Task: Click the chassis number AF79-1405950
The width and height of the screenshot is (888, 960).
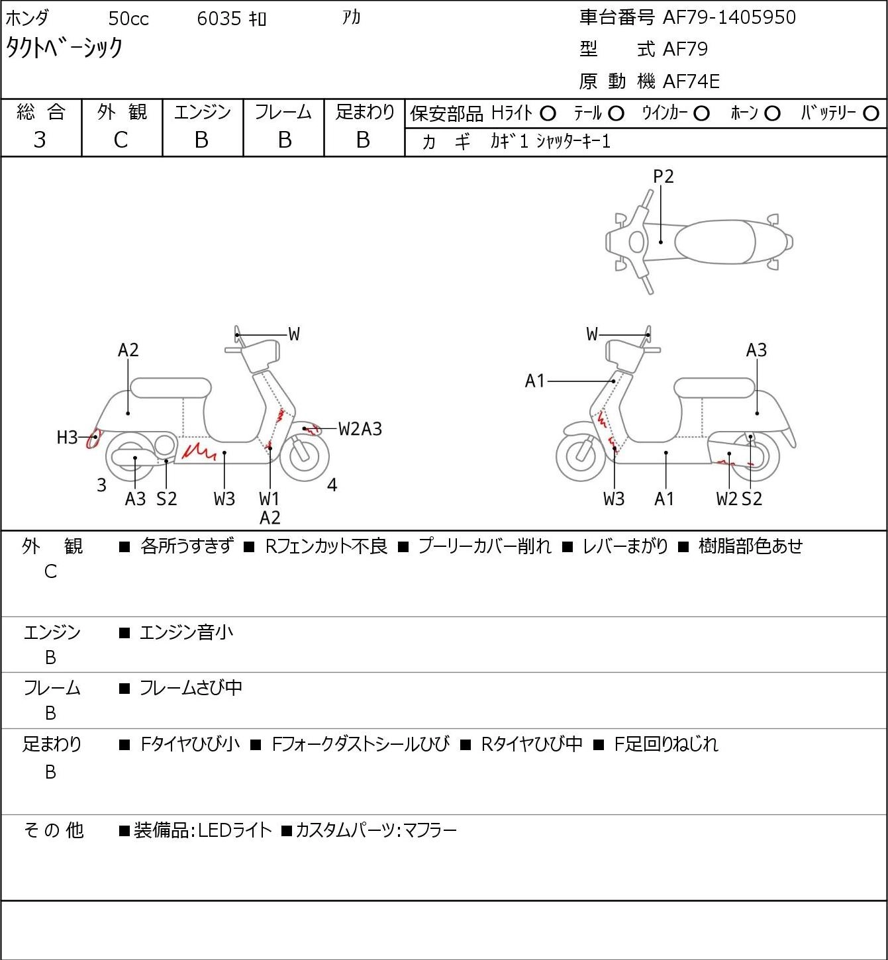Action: (729, 17)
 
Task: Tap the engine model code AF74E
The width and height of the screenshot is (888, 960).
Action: (691, 81)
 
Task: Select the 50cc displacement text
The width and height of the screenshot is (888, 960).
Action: (128, 19)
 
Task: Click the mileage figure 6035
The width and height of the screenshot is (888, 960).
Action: (219, 19)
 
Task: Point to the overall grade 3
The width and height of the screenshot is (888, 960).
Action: (40, 140)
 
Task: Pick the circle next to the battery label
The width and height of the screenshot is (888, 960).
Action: (871, 114)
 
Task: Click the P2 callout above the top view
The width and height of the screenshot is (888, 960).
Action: (663, 176)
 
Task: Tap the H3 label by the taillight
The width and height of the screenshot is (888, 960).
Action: (67, 438)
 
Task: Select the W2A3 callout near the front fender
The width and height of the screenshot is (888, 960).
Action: (360, 429)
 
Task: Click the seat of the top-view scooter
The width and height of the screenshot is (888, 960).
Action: (715, 242)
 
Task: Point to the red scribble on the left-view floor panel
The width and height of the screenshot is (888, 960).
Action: (198, 452)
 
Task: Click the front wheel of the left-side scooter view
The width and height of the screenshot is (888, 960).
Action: (304, 457)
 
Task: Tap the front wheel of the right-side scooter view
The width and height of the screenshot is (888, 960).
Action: (581, 456)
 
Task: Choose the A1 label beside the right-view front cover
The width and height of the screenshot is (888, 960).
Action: (535, 381)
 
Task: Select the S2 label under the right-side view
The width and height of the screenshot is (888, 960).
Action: (752, 499)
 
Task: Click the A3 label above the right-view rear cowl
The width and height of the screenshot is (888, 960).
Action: (756, 350)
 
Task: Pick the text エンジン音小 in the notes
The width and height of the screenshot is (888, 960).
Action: (186, 632)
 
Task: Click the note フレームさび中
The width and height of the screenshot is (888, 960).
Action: (191, 688)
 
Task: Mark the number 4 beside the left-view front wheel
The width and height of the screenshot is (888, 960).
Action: (332, 485)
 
